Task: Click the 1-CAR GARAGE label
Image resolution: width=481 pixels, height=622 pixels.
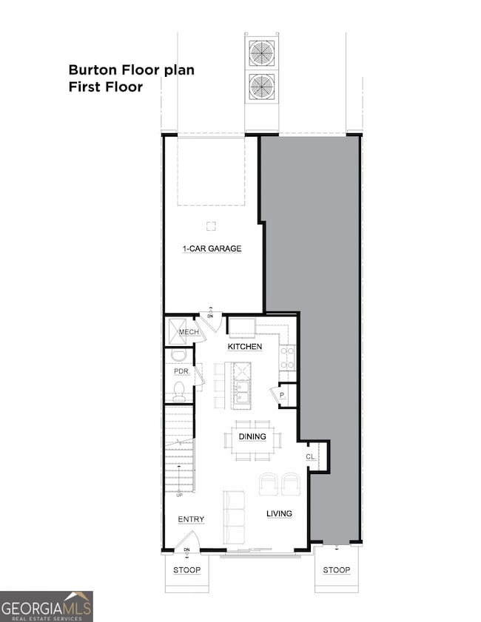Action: [212, 249]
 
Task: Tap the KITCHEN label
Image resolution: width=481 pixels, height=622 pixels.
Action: [244, 346]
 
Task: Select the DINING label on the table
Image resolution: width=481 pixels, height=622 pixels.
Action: [252, 436]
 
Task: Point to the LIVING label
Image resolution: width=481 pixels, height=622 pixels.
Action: [279, 513]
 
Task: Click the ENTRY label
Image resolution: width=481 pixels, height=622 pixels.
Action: [191, 519]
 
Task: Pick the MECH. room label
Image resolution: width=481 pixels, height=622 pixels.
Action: [189, 332]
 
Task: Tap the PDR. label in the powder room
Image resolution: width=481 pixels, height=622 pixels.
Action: [181, 372]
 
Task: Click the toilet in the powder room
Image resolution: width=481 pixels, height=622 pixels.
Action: [178, 391]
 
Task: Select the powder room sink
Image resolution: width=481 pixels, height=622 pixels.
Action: [178, 356]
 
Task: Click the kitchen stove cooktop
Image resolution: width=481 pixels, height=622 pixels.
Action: [288, 358]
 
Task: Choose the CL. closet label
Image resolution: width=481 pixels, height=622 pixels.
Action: [311, 456]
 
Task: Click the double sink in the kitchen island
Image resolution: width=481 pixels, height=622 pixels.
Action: [241, 386]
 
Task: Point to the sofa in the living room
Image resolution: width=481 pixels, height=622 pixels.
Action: [234, 516]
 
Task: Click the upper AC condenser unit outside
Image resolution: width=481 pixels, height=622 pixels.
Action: [261, 53]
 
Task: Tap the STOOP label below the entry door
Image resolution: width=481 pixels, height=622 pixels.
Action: [186, 570]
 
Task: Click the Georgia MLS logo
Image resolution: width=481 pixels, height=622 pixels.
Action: [47, 606]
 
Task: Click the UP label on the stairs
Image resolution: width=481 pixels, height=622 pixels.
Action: [179, 495]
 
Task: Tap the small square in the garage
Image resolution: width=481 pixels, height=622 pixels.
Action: [211, 226]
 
